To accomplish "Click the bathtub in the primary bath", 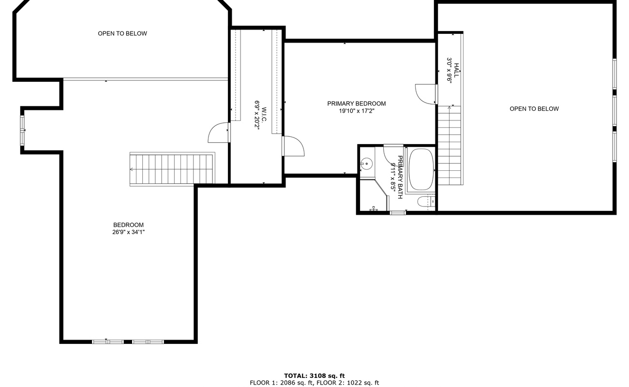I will (x=421, y=169).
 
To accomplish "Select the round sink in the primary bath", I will (x=367, y=164).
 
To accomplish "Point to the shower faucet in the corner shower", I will (x=374, y=209).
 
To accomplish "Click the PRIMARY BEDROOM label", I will (x=357, y=104).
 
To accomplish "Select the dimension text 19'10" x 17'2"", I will (x=357, y=111).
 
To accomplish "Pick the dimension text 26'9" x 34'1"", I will (x=128, y=232).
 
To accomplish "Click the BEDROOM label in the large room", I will (x=128, y=225).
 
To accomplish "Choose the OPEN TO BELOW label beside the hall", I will (x=534, y=109).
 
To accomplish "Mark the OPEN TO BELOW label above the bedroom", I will (x=122, y=33).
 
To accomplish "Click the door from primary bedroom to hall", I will (x=426, y=94).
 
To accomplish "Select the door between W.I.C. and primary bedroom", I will (x=293, y=146).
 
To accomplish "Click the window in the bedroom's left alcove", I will (x=22, y=130).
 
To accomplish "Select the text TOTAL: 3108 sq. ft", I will (x=314, y=375).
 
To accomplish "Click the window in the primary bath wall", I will (x=398, y=212).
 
